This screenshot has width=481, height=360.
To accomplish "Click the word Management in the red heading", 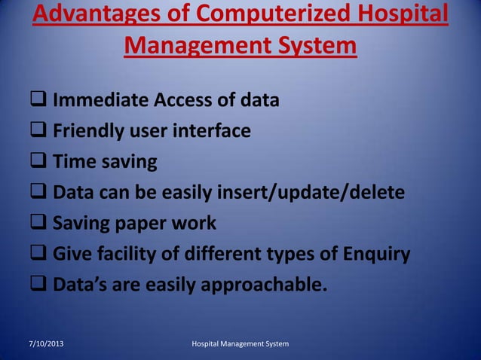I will point(199,47).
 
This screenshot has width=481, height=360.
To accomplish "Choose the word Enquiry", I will point(375,254).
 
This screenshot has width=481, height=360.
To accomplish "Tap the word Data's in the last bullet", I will point(79,285).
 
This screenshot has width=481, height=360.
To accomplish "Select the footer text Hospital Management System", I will point(240,344).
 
